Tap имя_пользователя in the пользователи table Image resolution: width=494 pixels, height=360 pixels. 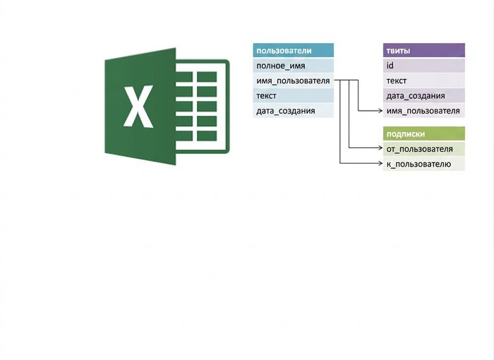pyautogui.click(x=294, y=80)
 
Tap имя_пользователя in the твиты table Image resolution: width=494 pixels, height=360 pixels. pyautogui.click(x=423, y=111)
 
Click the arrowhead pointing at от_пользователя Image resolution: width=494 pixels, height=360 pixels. pyautogui.click(x=380, y=148)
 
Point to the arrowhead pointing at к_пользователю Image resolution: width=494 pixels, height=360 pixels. pyautogui.click(x=380, y=163)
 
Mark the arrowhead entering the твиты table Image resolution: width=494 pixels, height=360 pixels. pyautogui.click(x=380, y=111)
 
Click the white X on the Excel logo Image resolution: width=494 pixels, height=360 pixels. pyautogui.click(x=138, y=106)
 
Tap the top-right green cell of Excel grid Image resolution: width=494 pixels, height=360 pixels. pyautogui.click(x=207, y=77)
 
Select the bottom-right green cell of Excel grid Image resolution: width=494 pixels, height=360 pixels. pyautogui.click(x=207, y=136)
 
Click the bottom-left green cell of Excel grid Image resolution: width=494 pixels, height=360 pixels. pyautogui.click(x=184, y=136)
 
